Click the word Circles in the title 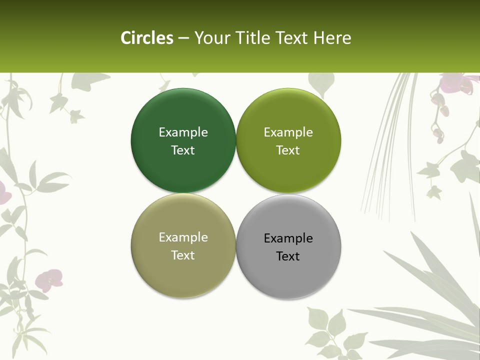click(x=147, y=38)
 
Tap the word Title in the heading click(x=252, y=38)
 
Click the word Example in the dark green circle click(x=183, y=132)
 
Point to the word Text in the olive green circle click(x=288, y=150)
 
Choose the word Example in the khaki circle click(x=183, y=237)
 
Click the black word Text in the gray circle click(x=288, y=256)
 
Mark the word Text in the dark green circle click(x=183, y=150)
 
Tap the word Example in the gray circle click(x=288, y=238)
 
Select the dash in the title click(x=183, y=38)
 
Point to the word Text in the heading click(x=292, y=38)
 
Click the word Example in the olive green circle click(x=288, y=132)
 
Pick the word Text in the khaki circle click(x=183, y=255)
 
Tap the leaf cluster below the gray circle click(x=327, y=330)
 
